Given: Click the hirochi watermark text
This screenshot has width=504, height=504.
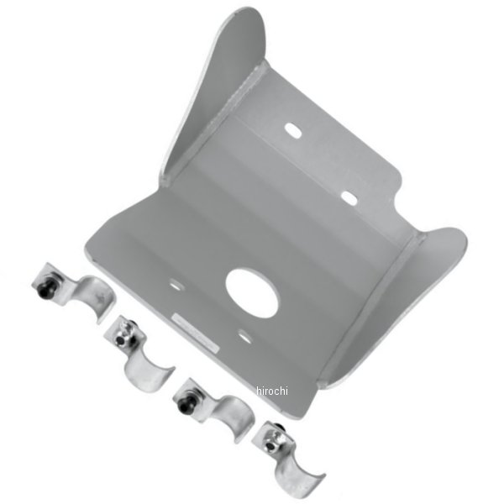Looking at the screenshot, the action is (272, 391).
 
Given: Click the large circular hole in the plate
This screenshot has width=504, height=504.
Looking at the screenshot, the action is (252, 293).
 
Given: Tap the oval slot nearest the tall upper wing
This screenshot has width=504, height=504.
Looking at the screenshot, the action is (293, 130).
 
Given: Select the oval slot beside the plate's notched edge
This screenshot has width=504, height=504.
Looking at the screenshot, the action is (349, 198).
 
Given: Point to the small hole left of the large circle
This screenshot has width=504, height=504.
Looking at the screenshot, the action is (176, 285).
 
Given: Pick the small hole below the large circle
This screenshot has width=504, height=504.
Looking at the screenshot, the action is (245, 337).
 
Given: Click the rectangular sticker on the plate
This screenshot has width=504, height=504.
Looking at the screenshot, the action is (196, 333).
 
